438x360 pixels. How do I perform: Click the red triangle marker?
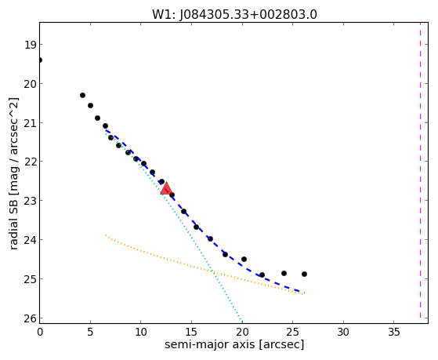166,188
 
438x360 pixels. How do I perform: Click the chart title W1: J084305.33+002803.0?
234,15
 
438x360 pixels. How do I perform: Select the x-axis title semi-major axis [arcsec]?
234,344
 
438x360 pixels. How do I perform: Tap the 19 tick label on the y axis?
30,45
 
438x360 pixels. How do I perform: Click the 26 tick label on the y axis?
30,318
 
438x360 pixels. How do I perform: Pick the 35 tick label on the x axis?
394,332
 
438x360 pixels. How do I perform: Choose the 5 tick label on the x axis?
90,332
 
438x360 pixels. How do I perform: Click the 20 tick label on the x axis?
242,332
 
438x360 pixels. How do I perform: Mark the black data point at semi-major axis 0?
40,60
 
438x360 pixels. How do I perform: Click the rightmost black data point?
304,275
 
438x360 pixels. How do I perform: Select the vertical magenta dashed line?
420,170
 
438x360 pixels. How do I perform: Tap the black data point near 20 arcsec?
244,260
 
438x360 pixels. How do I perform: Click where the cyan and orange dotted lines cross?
213,271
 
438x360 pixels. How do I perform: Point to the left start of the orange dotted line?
106,235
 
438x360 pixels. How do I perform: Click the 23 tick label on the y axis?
30,201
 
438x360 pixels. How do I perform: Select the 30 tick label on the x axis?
343,332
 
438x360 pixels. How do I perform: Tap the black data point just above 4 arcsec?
82,96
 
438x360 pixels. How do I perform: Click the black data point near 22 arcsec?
262,275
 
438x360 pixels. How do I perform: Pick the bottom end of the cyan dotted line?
242,322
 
